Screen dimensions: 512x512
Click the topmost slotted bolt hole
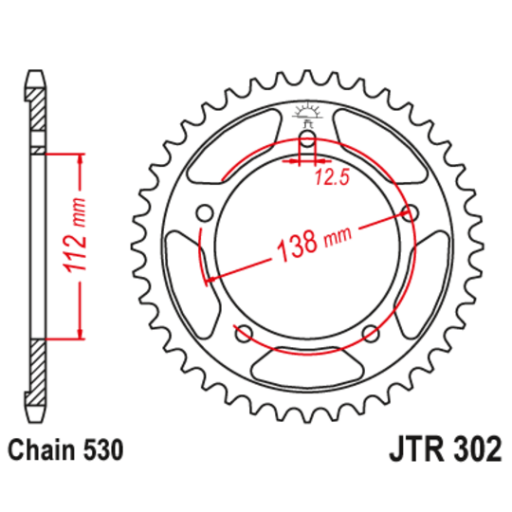307,143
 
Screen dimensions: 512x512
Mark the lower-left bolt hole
244,332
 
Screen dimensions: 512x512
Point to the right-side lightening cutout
422,284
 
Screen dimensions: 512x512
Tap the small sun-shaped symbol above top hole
306,108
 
